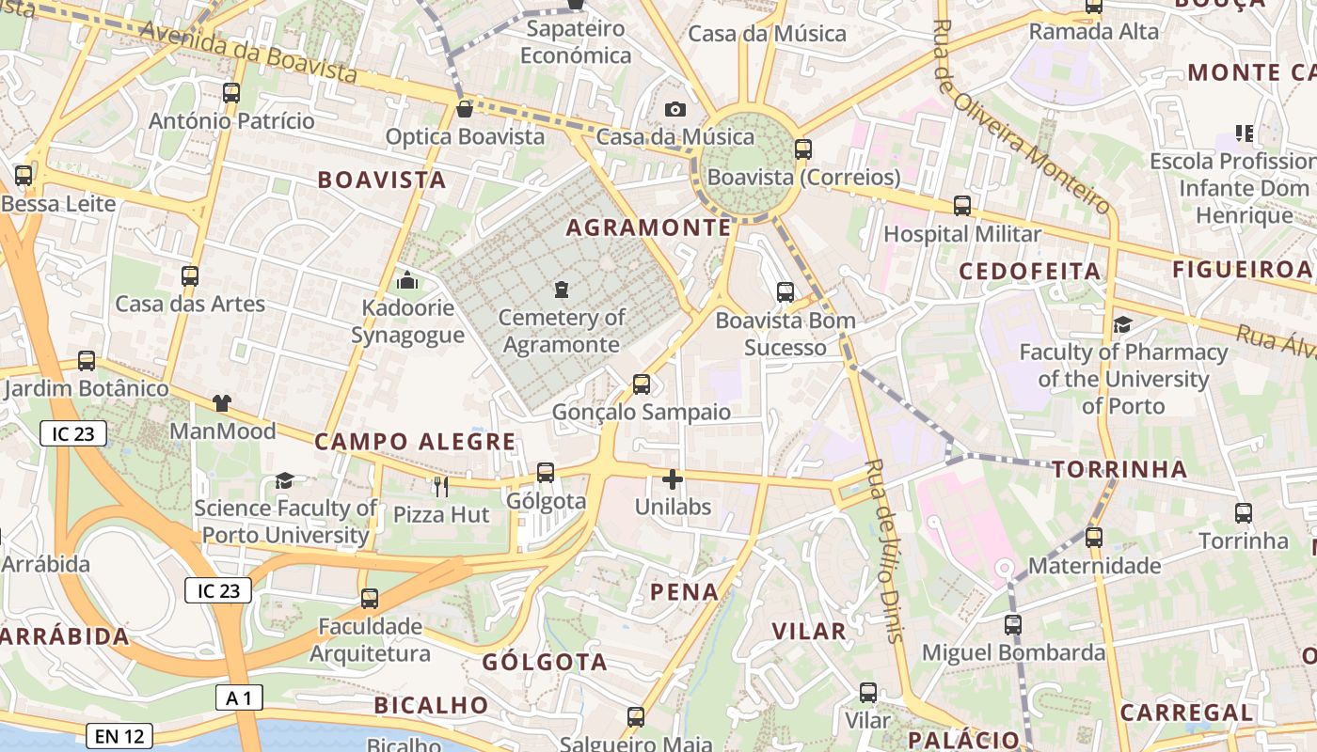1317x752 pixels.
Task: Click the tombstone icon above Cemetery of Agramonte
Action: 562,289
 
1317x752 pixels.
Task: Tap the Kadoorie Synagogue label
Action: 407,321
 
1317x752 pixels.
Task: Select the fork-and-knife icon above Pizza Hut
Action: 440,486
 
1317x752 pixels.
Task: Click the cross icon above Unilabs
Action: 672,479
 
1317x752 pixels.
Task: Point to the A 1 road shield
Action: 239,697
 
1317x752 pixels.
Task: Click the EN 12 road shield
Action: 119,736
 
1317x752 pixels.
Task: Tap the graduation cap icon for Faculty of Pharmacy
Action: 1122,325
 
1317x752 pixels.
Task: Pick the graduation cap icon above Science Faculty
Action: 284,481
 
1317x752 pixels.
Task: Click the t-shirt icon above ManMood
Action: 221,403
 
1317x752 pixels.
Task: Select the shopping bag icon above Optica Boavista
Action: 464,109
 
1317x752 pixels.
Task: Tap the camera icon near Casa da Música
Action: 674,110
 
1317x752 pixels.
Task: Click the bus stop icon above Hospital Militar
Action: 961,206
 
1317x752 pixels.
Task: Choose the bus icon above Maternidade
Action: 1093,538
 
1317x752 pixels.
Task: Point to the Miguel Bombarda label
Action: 1013,652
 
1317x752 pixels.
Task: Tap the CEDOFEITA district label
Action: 1029,272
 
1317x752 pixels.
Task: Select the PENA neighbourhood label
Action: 685,592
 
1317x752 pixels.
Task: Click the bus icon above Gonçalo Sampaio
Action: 641,384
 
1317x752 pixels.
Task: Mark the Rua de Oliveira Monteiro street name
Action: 1021,117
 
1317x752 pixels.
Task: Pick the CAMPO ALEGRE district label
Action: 415,442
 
